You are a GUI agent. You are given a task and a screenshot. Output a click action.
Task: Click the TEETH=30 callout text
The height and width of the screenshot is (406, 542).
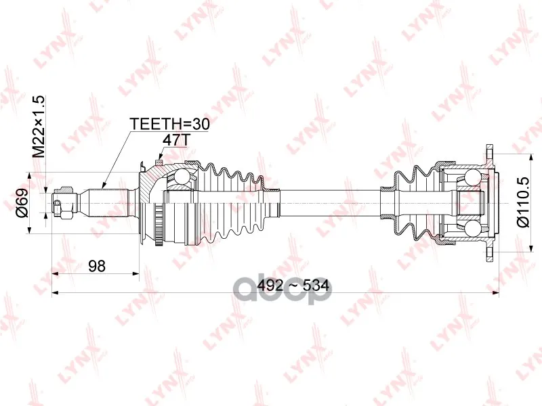coord(169,124)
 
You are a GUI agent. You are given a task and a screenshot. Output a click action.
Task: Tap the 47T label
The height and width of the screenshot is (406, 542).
coord(176,140)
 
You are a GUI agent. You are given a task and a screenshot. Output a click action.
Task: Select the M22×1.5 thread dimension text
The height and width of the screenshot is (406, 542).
coord(39,126)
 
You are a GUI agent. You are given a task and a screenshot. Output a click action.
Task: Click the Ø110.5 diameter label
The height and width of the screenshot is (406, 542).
coord(523,202)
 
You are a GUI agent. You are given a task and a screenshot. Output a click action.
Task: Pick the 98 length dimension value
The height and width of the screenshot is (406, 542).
coord(97,266)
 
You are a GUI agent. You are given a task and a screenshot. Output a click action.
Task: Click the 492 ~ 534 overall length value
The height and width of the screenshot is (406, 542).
coord(293,286)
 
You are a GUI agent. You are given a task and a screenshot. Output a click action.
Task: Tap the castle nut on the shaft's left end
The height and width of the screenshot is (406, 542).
coord(64,202)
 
